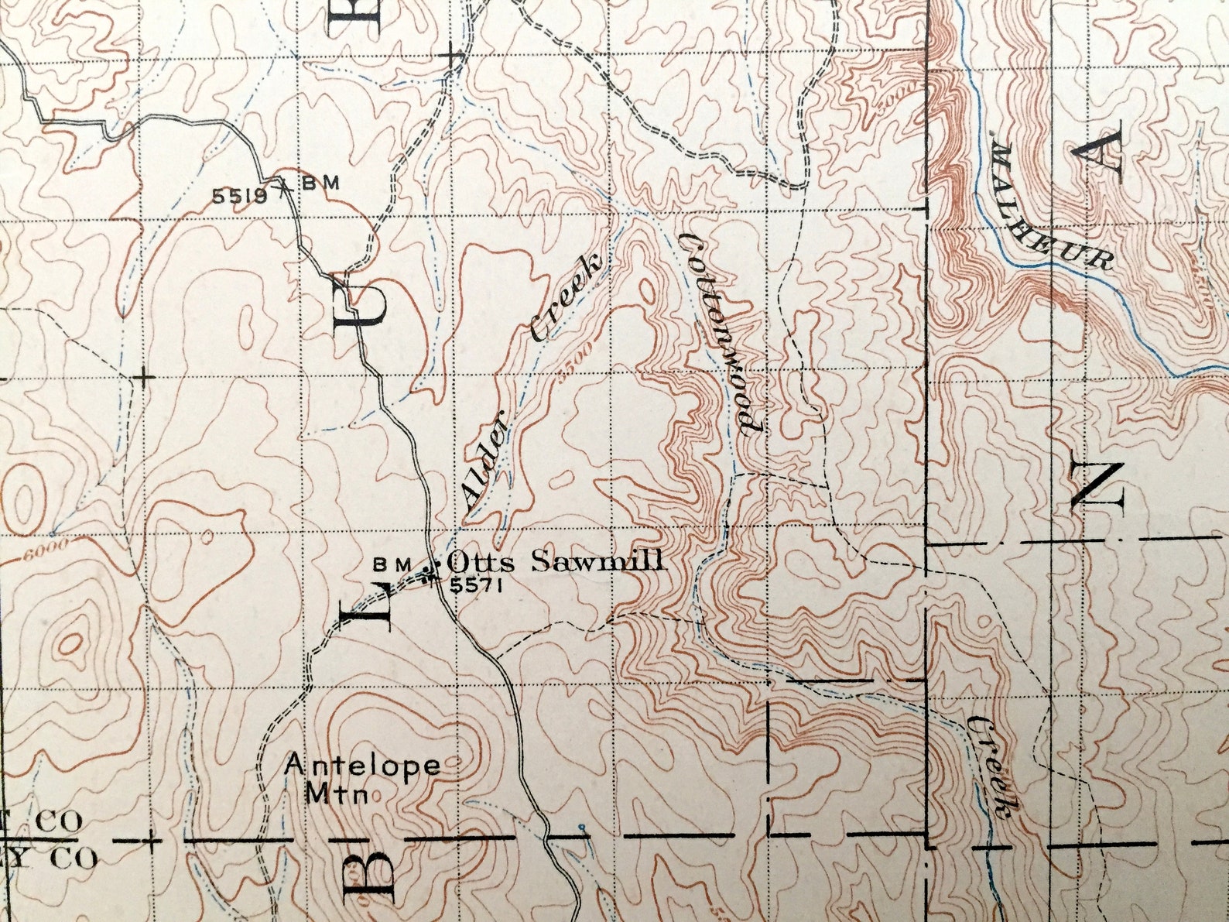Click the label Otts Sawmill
[x=556, y=560]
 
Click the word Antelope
[x=363, y=766]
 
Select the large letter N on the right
[x=1097, y=485]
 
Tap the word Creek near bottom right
[x=991, y=766]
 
